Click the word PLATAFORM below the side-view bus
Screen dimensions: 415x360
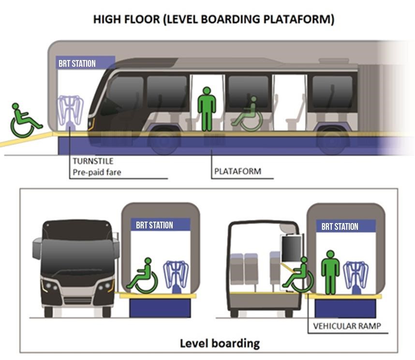(237, 171)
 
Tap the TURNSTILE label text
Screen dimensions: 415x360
(93, 161)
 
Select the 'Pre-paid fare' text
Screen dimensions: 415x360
(97, 172)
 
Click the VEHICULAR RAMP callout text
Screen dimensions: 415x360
(347, 326)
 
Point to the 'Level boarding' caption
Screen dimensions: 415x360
(220, 344)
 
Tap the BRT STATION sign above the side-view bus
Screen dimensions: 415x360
(77, 63)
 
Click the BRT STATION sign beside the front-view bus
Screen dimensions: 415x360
(154, 225)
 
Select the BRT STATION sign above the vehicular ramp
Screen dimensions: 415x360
(340, 226)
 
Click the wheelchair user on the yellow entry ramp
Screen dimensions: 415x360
(24, 120)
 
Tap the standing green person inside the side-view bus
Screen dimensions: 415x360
(207, 109)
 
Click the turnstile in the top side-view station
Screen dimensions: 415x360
(70, 114)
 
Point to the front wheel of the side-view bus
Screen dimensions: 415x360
(164, 141)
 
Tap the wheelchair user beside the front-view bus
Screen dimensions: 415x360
(142, 276)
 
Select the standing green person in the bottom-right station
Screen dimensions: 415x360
(330, 272)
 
